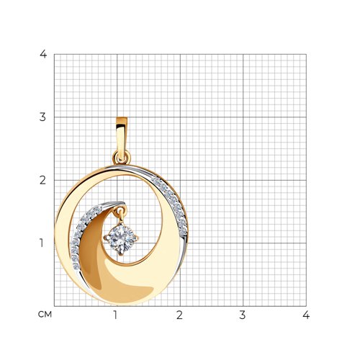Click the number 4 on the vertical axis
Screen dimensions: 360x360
(43, 54)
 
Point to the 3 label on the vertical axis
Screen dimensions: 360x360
(42, 117)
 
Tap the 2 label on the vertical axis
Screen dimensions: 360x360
(42, 180)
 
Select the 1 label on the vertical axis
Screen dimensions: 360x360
(42, 243)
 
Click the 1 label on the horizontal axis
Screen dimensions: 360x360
(116, 315)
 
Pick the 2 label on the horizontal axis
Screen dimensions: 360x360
(179, 315)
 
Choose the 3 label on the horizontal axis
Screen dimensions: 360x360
(243, 315)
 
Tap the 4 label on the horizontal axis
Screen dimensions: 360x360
(306, 315)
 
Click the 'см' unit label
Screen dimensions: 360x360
(45, 315)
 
